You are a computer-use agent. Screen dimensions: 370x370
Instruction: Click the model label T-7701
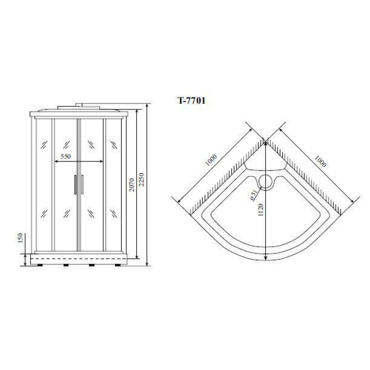point(191,101)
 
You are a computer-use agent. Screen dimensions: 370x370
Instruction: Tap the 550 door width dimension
point(66,156)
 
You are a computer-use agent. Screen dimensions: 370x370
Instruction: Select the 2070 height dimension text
point(132,185)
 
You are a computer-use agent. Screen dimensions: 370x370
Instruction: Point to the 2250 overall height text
point(141,179)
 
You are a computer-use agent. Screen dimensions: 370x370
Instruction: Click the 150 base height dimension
point(20,238)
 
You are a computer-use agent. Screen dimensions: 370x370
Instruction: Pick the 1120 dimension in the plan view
point(260,210)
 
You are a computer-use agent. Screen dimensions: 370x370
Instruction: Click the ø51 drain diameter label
point(253,196)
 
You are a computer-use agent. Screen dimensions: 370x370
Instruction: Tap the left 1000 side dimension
point(211,160)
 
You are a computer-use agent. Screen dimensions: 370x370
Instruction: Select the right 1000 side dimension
point(320,161)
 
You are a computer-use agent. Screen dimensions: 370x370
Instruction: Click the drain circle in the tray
point(266,182)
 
